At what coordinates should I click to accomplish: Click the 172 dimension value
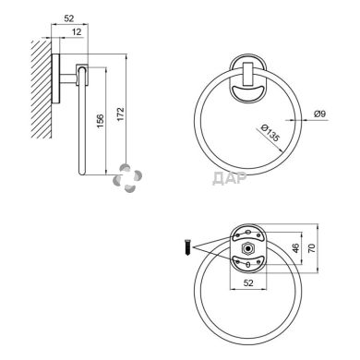tap(120, 114)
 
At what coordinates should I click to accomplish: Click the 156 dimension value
tap(100, 121)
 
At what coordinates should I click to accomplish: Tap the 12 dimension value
tap(77, 31)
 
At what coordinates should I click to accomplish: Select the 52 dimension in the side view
tap(69, 18)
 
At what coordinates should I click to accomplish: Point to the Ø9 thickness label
tap(319, 114)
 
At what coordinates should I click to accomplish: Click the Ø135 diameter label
tap(270, 133)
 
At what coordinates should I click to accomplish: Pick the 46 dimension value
tap(295, 248)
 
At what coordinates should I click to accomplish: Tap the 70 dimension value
tap(312, 248)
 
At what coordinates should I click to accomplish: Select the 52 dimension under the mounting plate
tap(248, 282)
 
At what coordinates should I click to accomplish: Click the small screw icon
tap(187, 247)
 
